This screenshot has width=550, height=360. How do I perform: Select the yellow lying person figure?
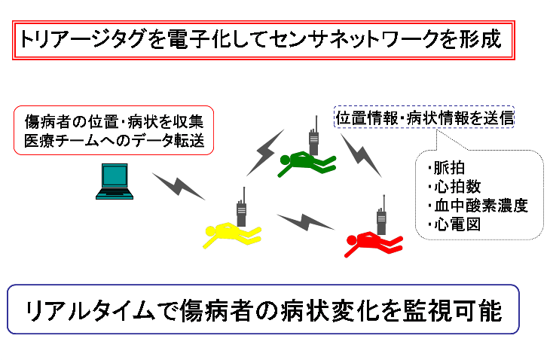point(232,234)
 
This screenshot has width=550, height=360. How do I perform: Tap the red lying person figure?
point(373,243)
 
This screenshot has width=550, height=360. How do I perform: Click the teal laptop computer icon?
point(115,182)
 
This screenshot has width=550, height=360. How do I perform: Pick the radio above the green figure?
point(314,136)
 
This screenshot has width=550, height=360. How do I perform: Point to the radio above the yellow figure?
point(241,207)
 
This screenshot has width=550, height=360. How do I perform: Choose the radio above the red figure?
point(382,215)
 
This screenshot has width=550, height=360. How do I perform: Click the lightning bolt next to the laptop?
point(179,185)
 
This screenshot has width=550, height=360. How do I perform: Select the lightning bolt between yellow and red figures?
point(305,222)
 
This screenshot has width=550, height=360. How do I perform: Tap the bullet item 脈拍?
point(446,168)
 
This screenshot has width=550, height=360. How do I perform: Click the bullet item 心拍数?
point(454,187)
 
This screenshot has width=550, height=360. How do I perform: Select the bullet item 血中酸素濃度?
point(478,206)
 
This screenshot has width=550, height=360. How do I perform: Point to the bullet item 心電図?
point(454,224)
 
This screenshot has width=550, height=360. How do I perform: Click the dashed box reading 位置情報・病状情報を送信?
point(424,117)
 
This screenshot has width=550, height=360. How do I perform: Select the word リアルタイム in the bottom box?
point(90,310)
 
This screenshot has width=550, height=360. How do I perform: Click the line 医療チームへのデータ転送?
point(115,141)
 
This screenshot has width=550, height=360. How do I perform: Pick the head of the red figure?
point(351,240)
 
